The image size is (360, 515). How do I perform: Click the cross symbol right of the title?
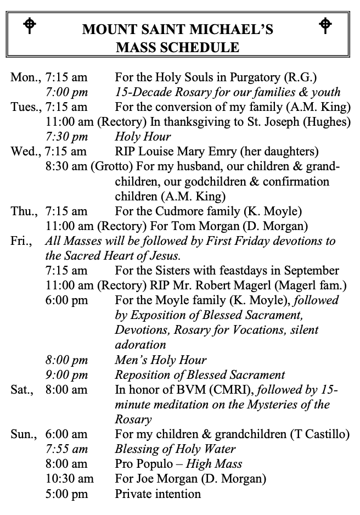pos(325,25)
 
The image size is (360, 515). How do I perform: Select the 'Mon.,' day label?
pos(25,78)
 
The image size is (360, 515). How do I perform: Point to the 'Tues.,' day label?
pos(26,107)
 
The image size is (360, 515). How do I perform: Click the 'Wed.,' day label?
pos(26,152)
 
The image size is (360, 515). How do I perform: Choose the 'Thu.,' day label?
pos(25,211)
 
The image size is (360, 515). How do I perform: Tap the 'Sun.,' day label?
pos(25,434)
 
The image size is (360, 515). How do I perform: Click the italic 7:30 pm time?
pos(66,137)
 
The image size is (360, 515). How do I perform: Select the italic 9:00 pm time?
pos(66,375)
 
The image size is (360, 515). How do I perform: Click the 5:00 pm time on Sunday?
pos(66,494)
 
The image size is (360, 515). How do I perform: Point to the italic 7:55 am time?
pos(66,449)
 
